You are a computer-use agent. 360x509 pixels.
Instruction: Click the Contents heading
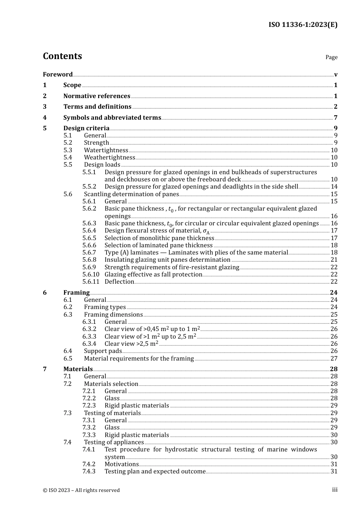62,56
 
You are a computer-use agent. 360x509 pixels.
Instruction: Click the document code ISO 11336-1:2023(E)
303,25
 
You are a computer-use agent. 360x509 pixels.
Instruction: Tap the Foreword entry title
58,74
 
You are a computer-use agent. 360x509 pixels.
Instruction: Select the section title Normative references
97,96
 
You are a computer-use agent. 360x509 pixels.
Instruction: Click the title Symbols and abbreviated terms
112,117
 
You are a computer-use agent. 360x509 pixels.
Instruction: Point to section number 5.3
68,150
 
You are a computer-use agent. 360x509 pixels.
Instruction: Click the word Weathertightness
110,157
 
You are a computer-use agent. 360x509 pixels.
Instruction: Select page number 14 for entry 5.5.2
334,186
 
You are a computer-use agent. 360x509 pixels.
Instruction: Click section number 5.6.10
91,274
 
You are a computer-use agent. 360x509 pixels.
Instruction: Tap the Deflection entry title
119,281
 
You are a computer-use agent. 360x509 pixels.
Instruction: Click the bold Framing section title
77,292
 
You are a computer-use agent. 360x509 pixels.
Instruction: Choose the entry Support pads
103,351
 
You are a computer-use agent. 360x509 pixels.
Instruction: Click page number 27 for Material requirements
334,358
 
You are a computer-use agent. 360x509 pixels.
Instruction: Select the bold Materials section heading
78,369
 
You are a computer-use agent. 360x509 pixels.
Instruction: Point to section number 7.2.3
89,405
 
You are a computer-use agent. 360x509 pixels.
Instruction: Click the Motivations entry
122,464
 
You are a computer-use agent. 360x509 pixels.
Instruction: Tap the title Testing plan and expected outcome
155,471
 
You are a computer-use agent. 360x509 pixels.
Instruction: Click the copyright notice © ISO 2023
81,490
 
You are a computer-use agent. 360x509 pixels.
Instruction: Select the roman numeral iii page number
335,490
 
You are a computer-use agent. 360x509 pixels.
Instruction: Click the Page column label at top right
331,57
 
